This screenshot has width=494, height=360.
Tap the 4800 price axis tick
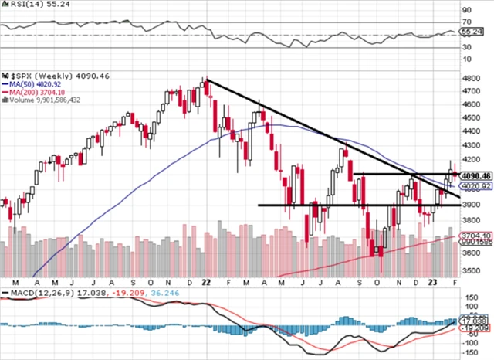[x=470, y=79]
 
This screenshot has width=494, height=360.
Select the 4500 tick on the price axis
[x=470, y=117]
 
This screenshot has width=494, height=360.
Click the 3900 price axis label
[x=470, y=205]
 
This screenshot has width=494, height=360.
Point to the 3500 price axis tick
[x=470, y=270]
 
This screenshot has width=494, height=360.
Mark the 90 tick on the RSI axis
[x=466, y=10]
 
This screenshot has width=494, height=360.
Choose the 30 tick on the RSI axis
[x=466, y=47]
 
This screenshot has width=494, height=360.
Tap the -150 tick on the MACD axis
[x=470, y=353]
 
